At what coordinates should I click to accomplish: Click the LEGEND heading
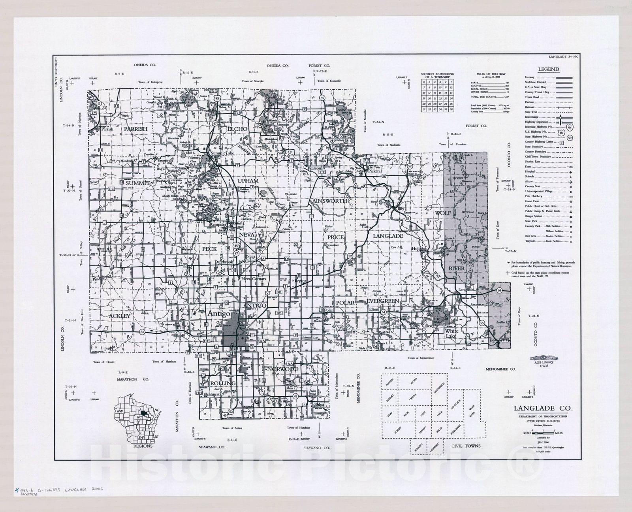[549, 69]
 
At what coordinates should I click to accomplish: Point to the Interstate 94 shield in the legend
[569, 127]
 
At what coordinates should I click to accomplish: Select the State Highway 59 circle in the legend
[569, 137]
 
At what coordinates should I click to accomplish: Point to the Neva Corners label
[254, 279]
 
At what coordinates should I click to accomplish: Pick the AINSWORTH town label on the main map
[329, 201]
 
